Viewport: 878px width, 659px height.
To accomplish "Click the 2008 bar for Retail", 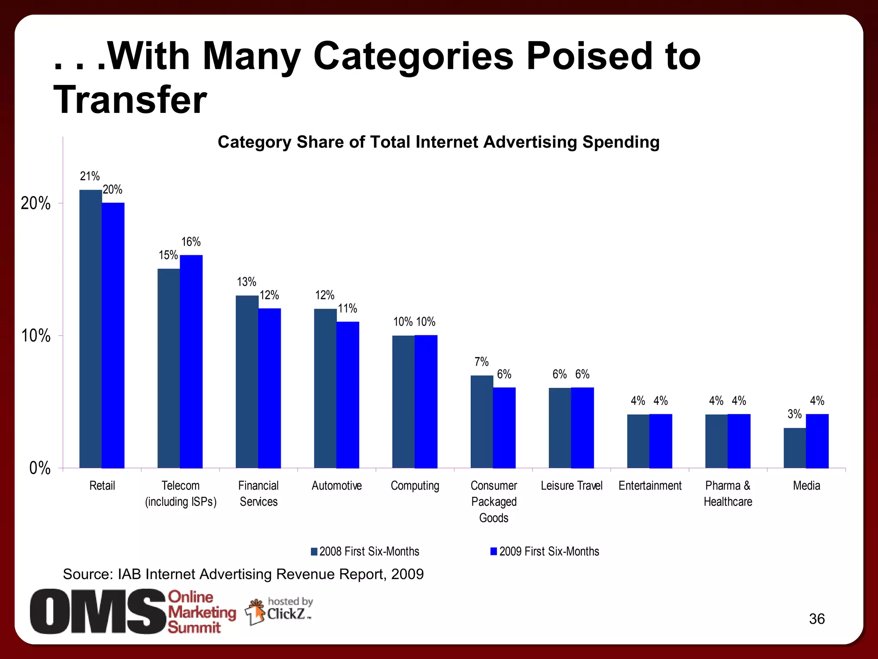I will click(90, 329).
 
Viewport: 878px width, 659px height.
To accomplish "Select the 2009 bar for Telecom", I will click(191, 361).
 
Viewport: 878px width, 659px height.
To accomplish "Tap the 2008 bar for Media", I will click(794, 447).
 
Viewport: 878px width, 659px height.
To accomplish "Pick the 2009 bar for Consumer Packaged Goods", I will click(504, 427).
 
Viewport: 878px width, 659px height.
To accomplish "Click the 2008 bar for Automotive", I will click(325, 388).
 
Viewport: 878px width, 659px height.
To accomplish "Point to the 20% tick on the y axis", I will click(36, 203).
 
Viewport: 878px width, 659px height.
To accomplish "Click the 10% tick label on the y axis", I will click(36, 336).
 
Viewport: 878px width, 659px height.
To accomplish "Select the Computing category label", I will click(415, 486).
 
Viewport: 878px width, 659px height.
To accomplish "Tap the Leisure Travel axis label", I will click(571, 486).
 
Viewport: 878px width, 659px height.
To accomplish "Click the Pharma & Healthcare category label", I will click(728, 493).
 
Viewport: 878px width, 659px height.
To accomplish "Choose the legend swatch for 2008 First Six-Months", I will click(314, 552).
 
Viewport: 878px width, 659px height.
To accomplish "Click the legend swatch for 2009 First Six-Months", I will click(493, 552).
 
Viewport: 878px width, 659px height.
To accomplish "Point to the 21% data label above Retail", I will click(90, 176).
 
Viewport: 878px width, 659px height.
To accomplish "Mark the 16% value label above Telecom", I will click(191, 242).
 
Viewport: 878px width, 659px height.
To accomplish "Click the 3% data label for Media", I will click(794, 414).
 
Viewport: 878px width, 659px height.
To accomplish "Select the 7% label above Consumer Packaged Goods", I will click(481, 362).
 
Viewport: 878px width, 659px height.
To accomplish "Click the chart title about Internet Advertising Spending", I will click(438, 142).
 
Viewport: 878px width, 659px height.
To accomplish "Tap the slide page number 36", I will click(816, 619).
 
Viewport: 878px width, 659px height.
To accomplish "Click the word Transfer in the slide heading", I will click(130, 100).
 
